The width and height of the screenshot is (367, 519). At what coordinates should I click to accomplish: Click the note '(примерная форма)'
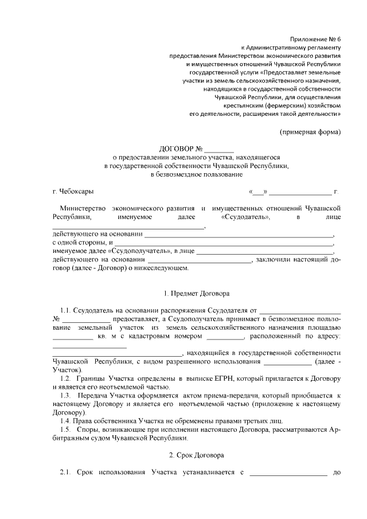tap(310, 132)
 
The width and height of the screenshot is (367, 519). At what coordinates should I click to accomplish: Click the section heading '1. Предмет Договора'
tap(196, 294)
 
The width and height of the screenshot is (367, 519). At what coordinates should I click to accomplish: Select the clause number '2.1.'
tap(66, 472)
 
